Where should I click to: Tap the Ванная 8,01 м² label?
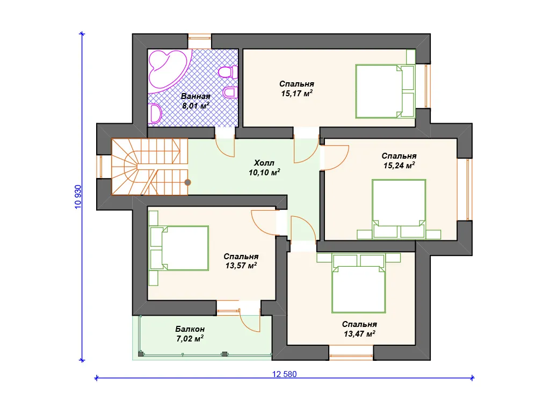pyautogui.click(x=196, y=101)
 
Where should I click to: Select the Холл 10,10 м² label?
pyautogui.click(x=264, y=168)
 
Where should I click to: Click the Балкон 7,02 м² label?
pyautogui.click(x=190, y=333)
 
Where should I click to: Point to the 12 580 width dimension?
pyautogui.click(x=285, y=374)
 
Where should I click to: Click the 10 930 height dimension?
pyautogui.click(x=78, y=197)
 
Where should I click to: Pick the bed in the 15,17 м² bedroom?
pyautogui.click(x=385, y=91)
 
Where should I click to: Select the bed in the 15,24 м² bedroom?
pyautogui.click(x=399, y=209)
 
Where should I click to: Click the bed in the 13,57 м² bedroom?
pyautogui.click(x=178, y=248)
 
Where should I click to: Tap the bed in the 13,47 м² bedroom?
pyautogui.click(x=358, y=283)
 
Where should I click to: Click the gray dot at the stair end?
pyautogui.click(x=187, y=182)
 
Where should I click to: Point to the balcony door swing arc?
pyautogui.click(x=250, y=321)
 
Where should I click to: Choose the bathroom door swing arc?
pyautogui.click(x=225, y=147)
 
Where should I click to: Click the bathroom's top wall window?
pyautogui.click(x=200, y=41)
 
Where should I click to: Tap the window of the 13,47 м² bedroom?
pyautogui.click(x=351, y=353)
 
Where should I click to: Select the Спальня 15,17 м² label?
pyautogui.click(x=296, y=89)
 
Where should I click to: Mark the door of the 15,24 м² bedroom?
pyautogui.click(x=334, y=158)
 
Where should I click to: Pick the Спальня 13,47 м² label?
pyautogui.click(x=359, y=329)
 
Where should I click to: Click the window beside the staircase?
pyautogui.click(x=99, y=167)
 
